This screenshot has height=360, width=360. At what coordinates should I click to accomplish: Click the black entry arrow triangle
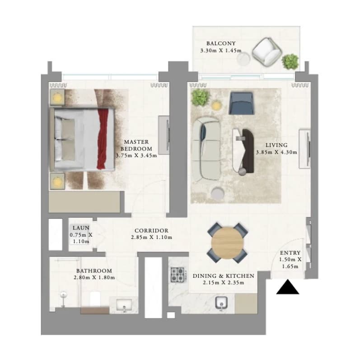click(288, 287)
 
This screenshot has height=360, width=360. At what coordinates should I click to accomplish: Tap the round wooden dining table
click(227, 243)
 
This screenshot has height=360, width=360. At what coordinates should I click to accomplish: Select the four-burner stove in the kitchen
click(178, 275)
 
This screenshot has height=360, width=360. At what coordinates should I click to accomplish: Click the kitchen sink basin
click(221, 303)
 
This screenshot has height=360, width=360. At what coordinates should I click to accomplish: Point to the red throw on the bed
click(102, 139)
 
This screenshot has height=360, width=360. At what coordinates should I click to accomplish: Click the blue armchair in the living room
click(242, 103)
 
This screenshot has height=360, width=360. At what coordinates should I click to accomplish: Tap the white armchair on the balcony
click(267, 52)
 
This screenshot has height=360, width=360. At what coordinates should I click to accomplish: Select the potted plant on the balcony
click(290, 61)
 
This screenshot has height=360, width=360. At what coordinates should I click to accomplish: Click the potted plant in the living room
click(201, 97)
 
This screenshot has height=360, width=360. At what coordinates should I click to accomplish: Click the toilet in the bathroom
click(95, 299)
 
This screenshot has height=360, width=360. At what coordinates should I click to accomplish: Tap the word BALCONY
click(221, 43)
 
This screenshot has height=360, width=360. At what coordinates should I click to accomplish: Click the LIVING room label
click(276, 145)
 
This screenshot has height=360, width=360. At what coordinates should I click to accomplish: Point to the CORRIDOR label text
click(151, 230)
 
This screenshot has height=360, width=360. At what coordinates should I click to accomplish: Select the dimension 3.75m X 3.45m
click(136, 156)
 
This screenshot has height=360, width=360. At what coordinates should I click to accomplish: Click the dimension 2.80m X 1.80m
click(94, 278)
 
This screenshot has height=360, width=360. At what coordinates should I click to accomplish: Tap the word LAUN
click(81, 228)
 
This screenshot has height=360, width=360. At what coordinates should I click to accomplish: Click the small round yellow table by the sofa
click(216, 105)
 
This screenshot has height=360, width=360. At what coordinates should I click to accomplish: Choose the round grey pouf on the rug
click(217, 193)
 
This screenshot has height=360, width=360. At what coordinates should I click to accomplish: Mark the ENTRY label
click(290, 253)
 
